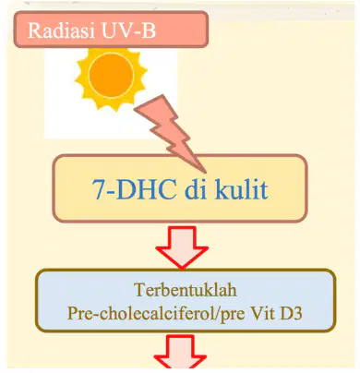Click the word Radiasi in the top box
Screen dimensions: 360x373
point(61,30)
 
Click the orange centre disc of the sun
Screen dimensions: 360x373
point(111,75)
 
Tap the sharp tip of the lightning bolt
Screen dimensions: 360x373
point(205,172)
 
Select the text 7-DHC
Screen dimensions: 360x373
point(135,189)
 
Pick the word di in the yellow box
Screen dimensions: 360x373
point(196,188)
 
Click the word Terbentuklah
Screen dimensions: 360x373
point(186,290)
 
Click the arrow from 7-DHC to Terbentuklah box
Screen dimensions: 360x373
point(182,247)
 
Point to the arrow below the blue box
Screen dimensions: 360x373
point(180,352)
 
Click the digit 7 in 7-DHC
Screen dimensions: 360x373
point(99,190)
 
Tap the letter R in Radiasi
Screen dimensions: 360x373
point(34,30)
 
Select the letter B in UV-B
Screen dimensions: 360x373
point(149,30)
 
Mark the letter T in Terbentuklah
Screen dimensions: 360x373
point(139,290)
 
